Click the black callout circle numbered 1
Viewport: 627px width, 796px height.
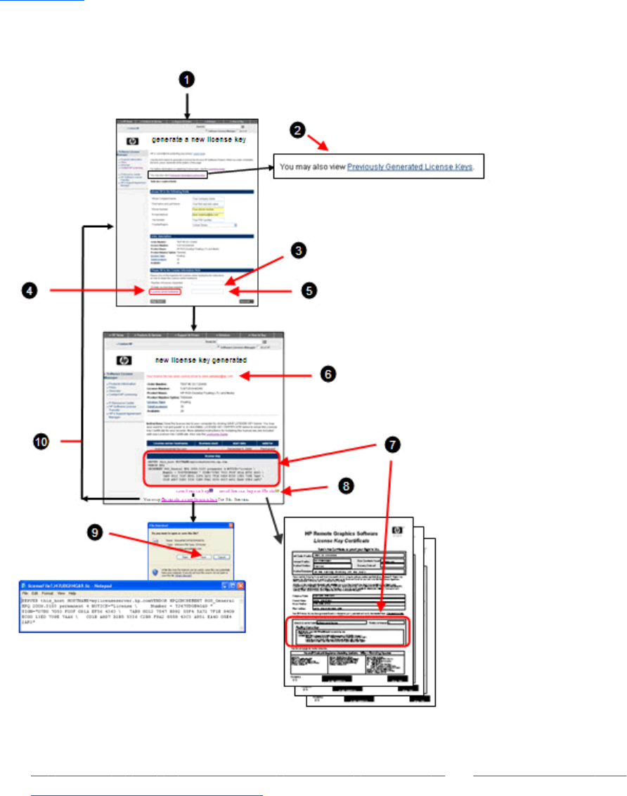[x=186, y=79]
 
